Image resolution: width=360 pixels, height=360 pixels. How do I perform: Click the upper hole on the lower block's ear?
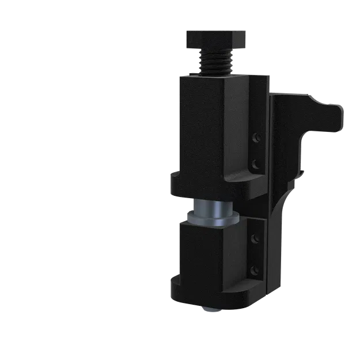click(255, 237)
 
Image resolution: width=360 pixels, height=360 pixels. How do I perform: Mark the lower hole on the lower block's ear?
click(255, 270)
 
